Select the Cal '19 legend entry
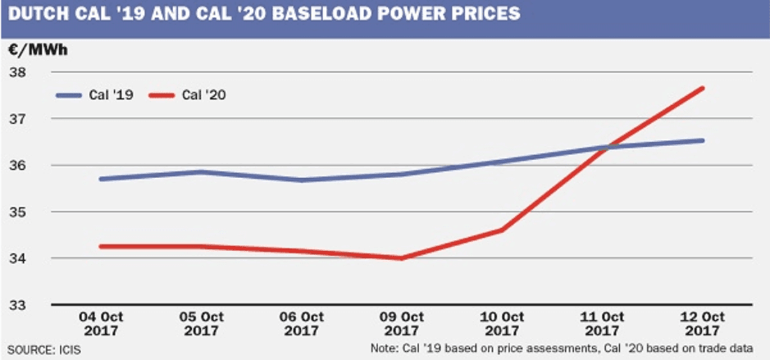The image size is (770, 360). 91,95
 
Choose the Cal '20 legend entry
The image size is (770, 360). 188,95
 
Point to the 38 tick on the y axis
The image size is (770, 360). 18,72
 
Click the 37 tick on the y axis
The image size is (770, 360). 18,119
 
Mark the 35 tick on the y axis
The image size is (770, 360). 18,212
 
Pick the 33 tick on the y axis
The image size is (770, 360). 18,305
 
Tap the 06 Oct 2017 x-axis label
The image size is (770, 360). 301,324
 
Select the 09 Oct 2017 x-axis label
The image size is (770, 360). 402,324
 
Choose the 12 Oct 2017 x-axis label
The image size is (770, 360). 704,324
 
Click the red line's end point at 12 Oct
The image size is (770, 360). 703,89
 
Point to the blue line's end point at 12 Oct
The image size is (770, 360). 703,140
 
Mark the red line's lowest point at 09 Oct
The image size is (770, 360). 402,258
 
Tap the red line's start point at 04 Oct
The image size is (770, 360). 100,246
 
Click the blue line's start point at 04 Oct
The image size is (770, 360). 100,179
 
